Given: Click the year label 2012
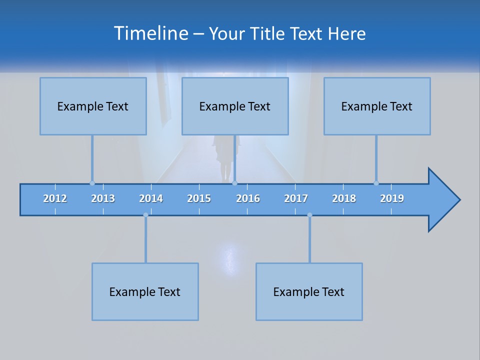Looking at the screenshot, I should tap(55, 198).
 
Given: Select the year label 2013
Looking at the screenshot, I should tap(103, 198).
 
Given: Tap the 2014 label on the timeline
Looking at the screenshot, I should tap(151, 198).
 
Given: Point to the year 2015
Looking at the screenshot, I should tap(199, 198).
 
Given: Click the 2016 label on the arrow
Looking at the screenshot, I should tap(248, 198).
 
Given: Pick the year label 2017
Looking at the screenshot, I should tap(296, 198).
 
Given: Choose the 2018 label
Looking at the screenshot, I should tap(344, 198).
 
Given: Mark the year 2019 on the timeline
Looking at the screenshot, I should tap(392, 198).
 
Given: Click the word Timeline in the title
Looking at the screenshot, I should tap(150, 33).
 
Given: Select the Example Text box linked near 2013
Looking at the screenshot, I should tap(93, 106).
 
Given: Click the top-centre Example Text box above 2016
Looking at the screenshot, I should tap(235, 106).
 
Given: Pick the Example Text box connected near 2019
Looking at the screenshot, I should tap(377, 106).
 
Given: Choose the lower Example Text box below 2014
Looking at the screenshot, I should tap(145, 291).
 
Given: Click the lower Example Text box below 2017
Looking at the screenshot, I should tap(309, 291).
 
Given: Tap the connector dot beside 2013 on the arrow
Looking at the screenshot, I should tap(92, 183).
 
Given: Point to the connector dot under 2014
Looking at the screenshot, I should tap(145, 215).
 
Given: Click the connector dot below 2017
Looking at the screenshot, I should tap(309, 215).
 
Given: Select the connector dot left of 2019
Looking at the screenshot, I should tap(376, 183).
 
